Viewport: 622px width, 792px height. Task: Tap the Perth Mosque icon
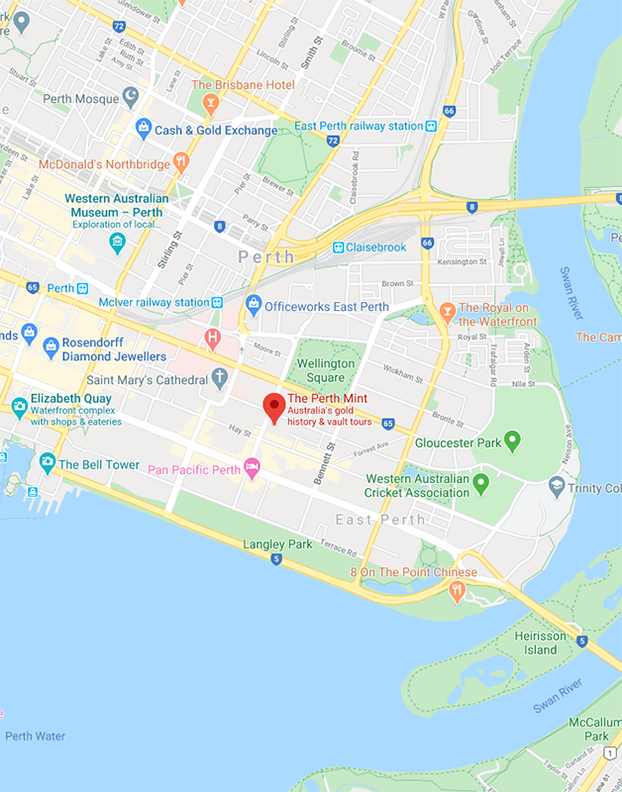[131, 96]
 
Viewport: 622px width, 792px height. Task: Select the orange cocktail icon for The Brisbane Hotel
[210, 102]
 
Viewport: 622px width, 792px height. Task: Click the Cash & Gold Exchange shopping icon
[143, 129]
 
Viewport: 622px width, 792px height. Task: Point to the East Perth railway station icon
[431, 126]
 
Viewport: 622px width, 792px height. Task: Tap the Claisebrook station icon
[338, 247]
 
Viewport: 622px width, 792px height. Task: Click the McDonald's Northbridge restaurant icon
[180, 161]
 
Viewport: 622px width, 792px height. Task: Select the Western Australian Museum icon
[118, 242]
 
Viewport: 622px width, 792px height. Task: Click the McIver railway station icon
[217, 302]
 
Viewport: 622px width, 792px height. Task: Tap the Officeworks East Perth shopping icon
[253, 305]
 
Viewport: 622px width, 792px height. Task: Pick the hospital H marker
[212, 340]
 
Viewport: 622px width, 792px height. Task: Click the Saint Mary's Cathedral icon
[219, 378]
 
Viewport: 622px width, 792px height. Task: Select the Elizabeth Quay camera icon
[19, 406]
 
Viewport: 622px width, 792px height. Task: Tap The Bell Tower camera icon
[47, 462]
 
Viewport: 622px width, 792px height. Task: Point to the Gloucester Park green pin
[512, 441]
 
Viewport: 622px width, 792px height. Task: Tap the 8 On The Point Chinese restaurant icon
[457, 590]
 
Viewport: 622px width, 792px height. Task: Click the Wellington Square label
[326, 369]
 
